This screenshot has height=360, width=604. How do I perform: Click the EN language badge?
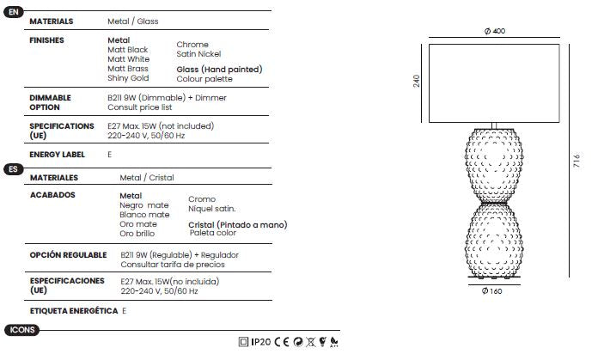click(14, 12)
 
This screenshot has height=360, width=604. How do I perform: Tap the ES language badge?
click(14, 169)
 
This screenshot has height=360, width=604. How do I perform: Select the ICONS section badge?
click(22, 330)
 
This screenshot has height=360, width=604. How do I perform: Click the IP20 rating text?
click(261, 342)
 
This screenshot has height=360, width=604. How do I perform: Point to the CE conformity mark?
click(282, 342)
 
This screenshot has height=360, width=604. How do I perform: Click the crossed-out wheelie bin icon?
click(310, 342)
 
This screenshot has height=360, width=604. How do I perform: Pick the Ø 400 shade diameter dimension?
click(495, 31)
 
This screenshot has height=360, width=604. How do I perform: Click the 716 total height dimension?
click(577, 161)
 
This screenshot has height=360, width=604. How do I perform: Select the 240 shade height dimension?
click(417, 81)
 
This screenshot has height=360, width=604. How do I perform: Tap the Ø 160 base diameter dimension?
click(492, 291)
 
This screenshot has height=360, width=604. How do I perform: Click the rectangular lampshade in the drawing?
click(494, 83)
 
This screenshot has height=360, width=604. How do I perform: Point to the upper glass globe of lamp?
click(494, 166)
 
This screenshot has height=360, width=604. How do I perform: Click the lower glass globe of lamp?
click(494, 240)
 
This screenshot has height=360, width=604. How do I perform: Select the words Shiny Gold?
click(128, 78)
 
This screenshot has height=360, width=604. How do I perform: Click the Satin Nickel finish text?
click(198, 54)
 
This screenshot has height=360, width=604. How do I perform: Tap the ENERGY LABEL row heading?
click(57, 155)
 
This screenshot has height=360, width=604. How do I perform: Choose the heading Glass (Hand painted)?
click(220, 70)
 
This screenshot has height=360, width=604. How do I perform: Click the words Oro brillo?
click(137, 234)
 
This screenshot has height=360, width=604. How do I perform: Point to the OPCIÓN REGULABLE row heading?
click(68, 255)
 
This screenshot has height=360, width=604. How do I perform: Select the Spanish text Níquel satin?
click(212, 209)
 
